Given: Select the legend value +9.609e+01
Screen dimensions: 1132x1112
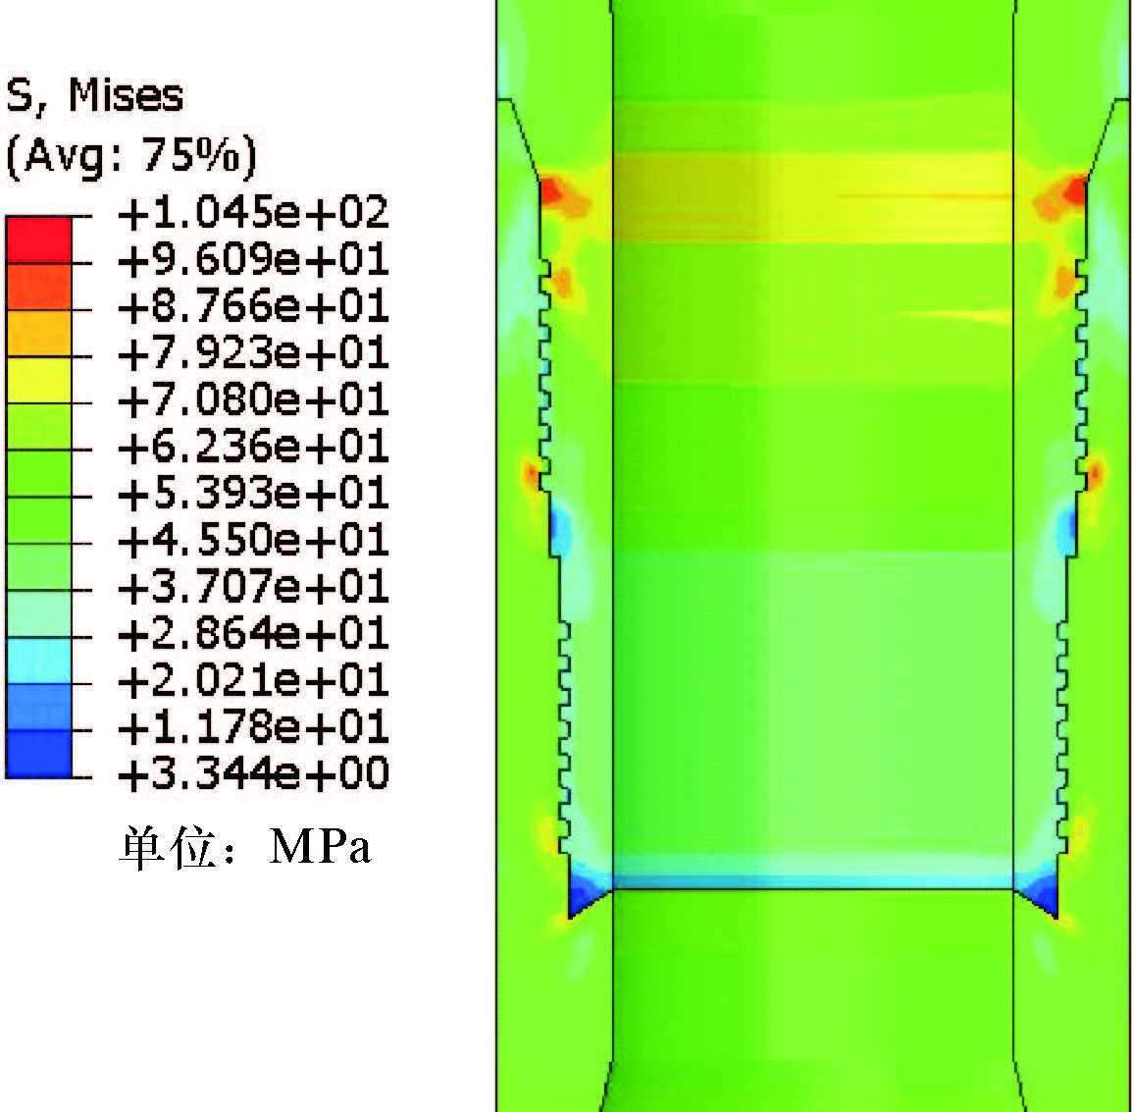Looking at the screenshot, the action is click(253, 259).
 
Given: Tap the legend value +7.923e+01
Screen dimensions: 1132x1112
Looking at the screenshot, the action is click(253, 352).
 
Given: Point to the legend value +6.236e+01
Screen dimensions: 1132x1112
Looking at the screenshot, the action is click(253, 446).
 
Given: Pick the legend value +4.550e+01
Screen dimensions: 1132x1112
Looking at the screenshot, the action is click(253, 540).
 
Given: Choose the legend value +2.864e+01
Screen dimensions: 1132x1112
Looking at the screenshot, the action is click(253, 633).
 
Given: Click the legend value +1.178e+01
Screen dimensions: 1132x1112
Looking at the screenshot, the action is click(253, 726).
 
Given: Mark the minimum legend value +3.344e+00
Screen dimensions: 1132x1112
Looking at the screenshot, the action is click(253, 773).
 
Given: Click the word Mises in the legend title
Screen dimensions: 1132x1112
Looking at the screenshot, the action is click(126, 94).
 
